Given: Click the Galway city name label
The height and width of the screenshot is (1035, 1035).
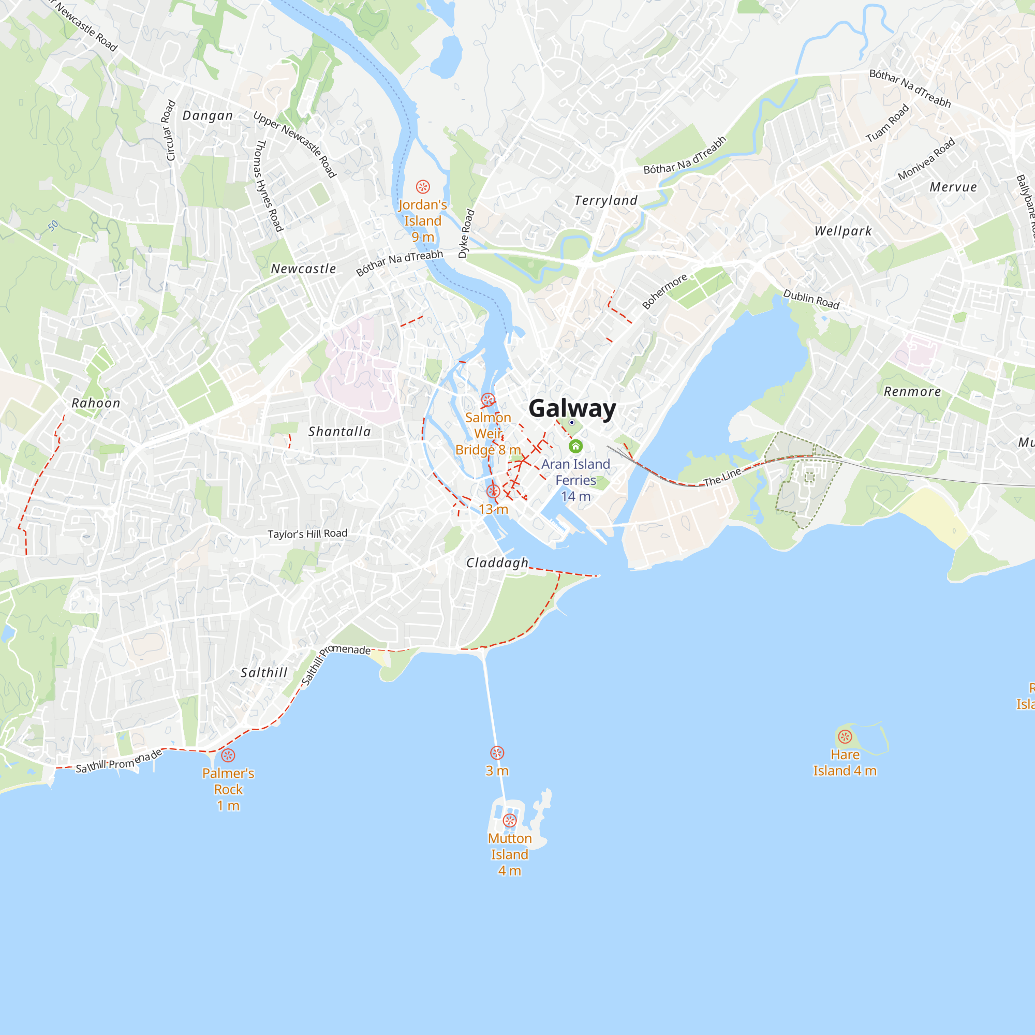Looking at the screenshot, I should pos(572,408).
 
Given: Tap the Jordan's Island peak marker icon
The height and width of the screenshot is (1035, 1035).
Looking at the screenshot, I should pos(423,187).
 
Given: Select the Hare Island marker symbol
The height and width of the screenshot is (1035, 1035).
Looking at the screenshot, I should pos(845,736).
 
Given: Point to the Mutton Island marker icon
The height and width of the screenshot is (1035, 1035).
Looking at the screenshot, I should pos(509,820).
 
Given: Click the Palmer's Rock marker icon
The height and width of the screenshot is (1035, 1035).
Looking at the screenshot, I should pos(228,756).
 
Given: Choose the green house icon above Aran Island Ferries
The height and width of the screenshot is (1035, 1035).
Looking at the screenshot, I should pos(575,446).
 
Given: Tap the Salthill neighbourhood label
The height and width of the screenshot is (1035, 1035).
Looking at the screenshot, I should pos(264,672).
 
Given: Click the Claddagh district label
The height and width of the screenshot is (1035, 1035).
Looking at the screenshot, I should pos(497,563).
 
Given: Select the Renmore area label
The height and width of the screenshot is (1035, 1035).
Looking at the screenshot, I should pos(912,392).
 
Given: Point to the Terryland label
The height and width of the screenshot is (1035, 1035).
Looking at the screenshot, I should pos(606,200).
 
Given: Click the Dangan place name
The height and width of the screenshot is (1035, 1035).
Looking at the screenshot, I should pos(208,116).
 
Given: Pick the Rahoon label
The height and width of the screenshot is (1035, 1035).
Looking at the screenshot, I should pos(96,403).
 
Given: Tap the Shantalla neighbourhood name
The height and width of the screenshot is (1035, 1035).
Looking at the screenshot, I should pos(339,431).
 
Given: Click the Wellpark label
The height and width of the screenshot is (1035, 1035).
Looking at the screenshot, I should pos(843,231).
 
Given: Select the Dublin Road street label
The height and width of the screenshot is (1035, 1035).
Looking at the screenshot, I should pos(811,299).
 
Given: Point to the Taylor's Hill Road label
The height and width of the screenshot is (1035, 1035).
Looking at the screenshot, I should pos(307,534).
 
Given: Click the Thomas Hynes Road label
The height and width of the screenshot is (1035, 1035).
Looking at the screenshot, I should pos(268,185).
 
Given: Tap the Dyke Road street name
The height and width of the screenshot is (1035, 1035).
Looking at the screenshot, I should pos(466,233).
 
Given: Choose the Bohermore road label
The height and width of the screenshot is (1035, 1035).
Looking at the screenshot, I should pos(665,291).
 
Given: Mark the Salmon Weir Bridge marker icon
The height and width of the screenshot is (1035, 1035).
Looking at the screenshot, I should pos(487,399).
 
